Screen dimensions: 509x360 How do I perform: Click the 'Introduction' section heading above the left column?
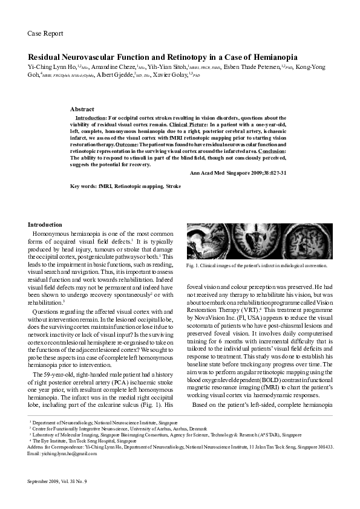pos(45,224)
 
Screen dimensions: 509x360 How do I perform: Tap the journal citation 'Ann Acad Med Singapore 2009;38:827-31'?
pos(238,172)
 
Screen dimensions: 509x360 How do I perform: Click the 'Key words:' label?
pos(83,187)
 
